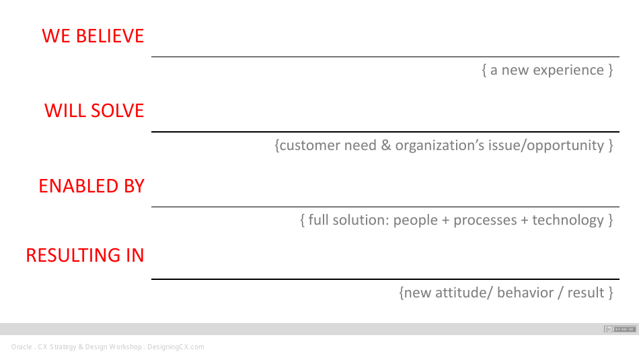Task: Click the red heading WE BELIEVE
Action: click(x=93, y=36)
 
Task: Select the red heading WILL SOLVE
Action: click(x=94, y=110)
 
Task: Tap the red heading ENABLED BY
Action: click(x=91, y=186)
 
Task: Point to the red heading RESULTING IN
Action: click(x=85, y=255)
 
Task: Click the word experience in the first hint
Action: click(x=568, y=70)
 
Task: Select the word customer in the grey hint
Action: click(x=310, y=145)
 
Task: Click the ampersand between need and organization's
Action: click(x=385, y=145)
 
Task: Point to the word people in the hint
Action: click(x=416, y=220)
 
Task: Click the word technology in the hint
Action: click(x=568, y=220)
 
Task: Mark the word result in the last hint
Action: click(x=585, y=293)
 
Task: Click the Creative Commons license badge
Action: click(x=619, y=329)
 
